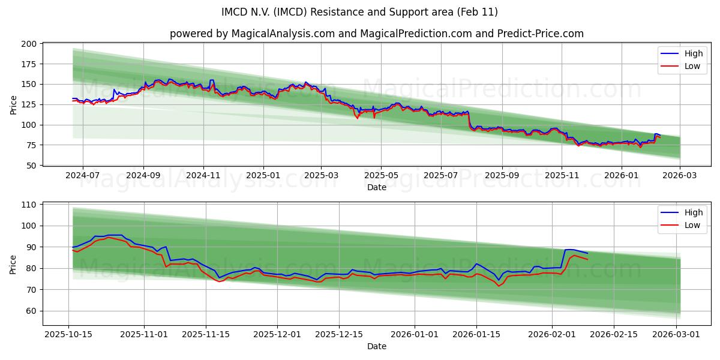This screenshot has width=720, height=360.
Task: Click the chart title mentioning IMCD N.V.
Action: point(360,12)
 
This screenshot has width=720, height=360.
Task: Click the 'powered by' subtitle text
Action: point(376,34)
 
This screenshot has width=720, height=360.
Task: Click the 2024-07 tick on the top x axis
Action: point(82,175)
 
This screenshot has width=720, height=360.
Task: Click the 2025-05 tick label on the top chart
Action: point(381,175)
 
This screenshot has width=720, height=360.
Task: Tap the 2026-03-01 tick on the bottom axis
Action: point(676,334)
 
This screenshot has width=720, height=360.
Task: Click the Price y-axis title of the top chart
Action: point(14,104)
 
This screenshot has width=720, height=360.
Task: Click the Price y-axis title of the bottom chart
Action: point(14,263)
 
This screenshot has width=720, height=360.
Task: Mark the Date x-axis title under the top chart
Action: point(376,187)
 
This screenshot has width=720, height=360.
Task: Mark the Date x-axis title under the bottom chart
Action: point(376,346)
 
